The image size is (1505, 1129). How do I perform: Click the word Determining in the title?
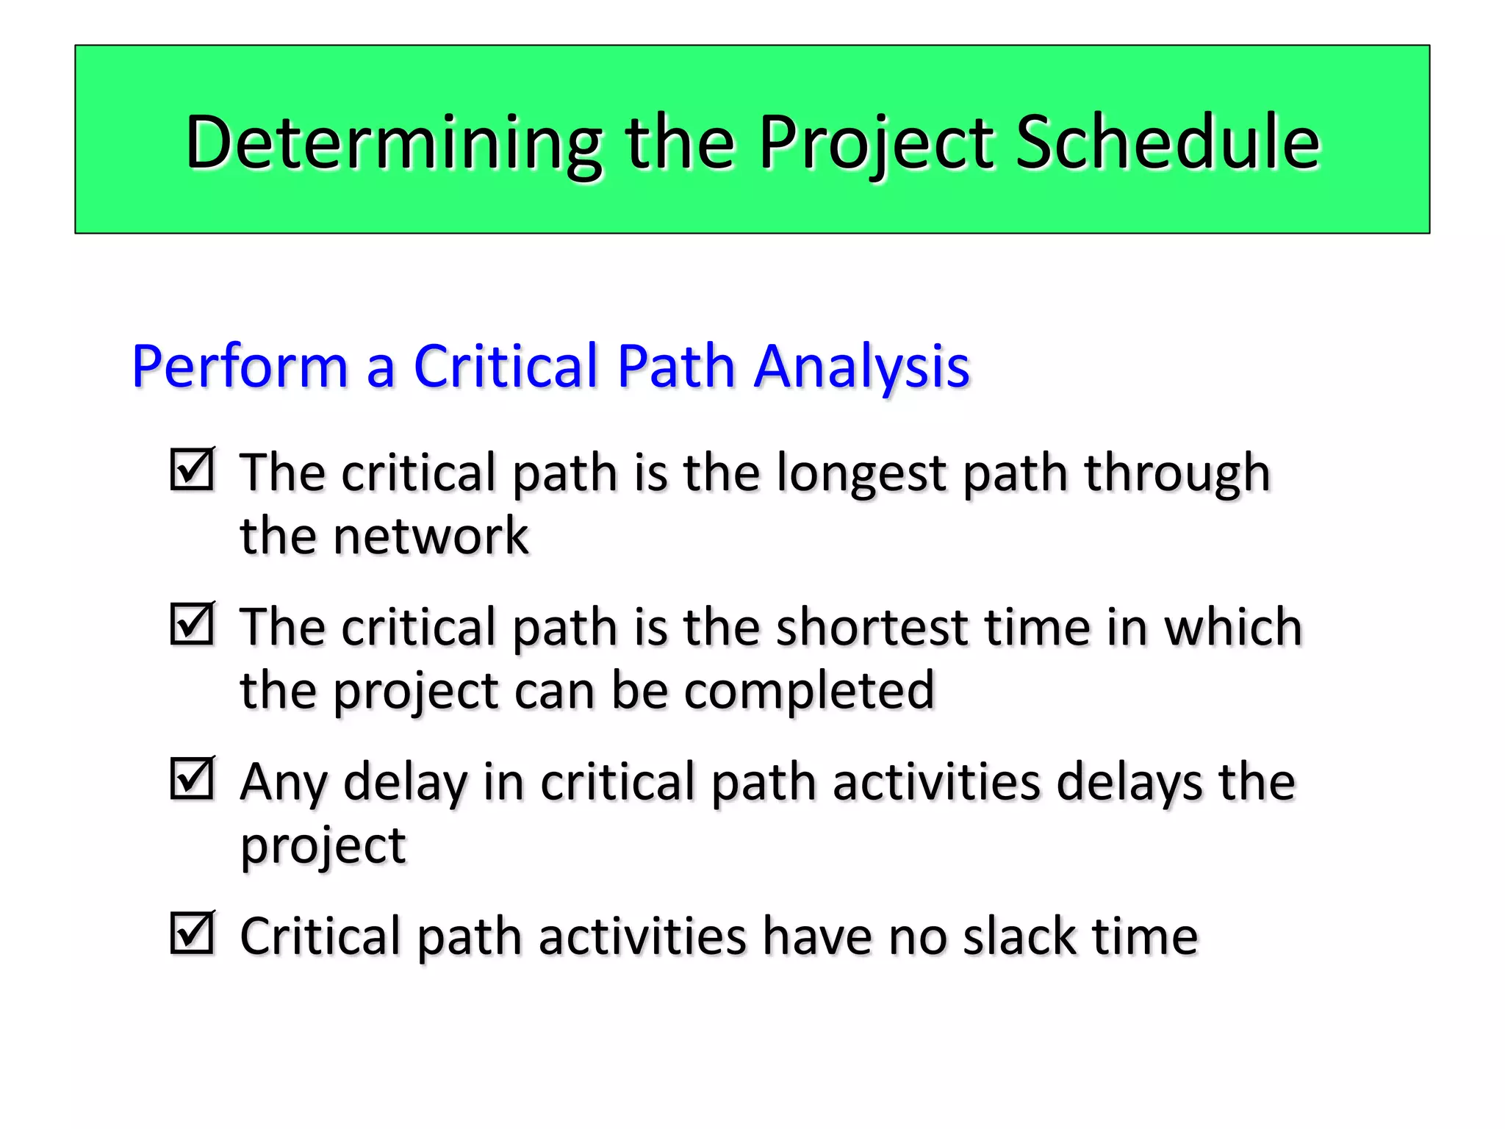(x=394, y=143)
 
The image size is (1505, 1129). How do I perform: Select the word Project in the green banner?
(x=877, y=143)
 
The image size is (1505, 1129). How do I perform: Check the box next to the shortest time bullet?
(x=193, y=624)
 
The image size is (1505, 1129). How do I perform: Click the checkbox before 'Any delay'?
(x=193, y=778)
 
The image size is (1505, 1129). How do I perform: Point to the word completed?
(x=809, y=691)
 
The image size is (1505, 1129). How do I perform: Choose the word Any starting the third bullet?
(x=283, y=783)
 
